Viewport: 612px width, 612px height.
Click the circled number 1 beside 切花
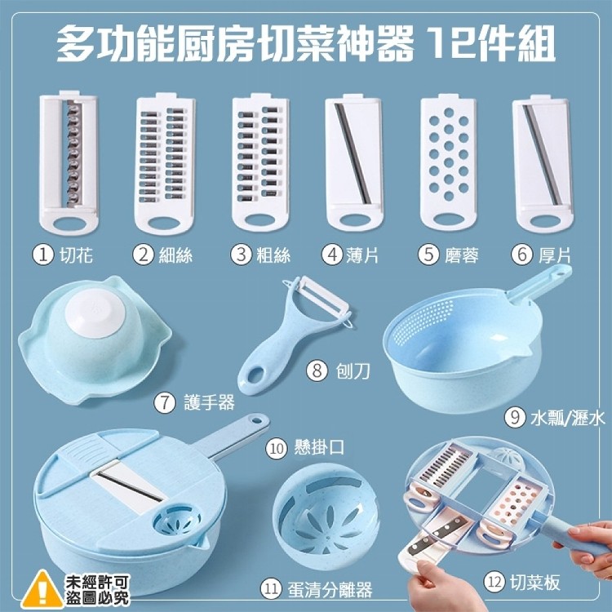(x=42, y=255)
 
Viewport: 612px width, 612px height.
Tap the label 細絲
(x=175, y=255)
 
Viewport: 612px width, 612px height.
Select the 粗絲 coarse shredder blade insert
(x=260, y=162)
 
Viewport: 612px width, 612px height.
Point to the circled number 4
(x=332, y=255)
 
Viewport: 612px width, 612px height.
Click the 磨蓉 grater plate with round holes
(x=449, y=162)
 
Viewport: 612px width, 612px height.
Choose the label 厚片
(x=555, y=255)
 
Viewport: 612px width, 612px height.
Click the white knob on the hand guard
(x=95, y=314)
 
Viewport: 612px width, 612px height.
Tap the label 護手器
(x=209, y=402)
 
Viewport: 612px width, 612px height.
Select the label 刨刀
(x=353, y=370)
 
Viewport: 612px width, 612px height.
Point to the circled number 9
(x=515, y=417)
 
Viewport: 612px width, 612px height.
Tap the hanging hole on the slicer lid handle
(x=256, y=420)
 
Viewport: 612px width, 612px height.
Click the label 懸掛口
(x=320, y=447)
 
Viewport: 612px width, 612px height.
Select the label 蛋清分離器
(x=330, y=590)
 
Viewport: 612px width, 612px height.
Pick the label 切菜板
(x=534, y=582)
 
